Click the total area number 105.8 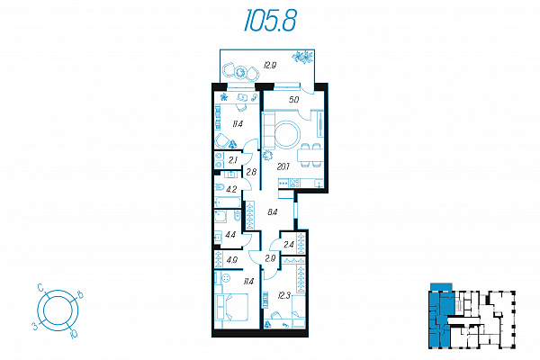[x=270, y=21]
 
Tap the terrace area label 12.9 [x=269, y=65]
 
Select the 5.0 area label [x=293, y=100]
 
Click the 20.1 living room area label [x=283, y=166]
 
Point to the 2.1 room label [x=233, y=160]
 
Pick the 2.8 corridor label [x=251, y=172]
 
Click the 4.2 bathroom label [x=231, y=189]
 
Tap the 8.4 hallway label [x=273, y=212]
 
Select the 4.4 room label [x=230, y=235]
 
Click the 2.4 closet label [x=289, y=245]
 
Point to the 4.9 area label [x=232, y=260]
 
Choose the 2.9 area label [x=270, y=258]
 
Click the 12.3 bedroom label [x=283, y=295]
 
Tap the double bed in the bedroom [x=231, y=307]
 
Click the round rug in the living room [x=287, y=134]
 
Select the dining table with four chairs [x=310, y=156]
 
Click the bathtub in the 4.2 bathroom [x=228, y=202]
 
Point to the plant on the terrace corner [x=303, y=57]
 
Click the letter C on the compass [x=40, y=287]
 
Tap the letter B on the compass [x=80, y=295]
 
